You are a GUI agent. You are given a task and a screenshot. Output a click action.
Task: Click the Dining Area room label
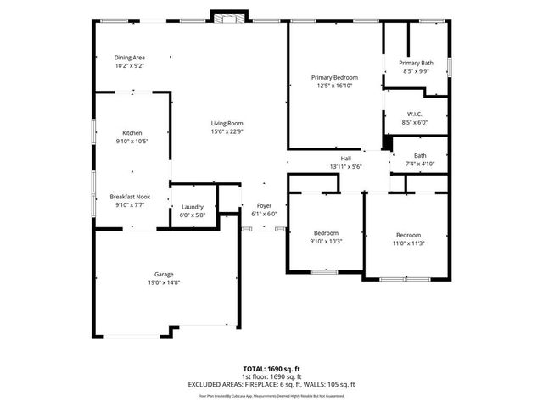(130, 58)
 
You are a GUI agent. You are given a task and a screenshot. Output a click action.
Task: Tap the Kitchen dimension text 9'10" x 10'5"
(132, 141)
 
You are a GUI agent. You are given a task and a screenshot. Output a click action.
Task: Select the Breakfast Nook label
(132, 197)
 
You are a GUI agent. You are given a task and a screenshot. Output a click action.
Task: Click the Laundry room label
(192, 207)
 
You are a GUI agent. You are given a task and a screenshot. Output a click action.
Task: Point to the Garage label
(164, 274)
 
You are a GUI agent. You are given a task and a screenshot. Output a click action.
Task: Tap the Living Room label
(227, 124)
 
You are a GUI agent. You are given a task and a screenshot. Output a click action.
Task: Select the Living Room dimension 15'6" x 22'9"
(227, 131)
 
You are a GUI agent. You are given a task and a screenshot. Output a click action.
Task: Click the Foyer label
(264, 206)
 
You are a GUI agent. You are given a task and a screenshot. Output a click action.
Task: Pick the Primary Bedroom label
(334, 77)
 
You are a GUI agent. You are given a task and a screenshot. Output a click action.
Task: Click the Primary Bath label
(416, 63)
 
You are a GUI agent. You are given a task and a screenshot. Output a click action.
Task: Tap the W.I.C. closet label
(416, 114)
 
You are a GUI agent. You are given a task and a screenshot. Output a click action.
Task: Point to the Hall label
(345, 159)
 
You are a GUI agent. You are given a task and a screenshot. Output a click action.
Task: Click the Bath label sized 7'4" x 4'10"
(420, 155)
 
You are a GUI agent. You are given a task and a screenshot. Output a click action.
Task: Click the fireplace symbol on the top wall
(228, 18)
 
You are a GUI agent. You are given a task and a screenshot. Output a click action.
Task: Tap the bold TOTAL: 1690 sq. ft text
(271, 369)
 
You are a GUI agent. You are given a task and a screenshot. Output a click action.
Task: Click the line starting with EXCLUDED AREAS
(271, 384)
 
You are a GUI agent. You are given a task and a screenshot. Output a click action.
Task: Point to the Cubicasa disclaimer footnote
(271, 395)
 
